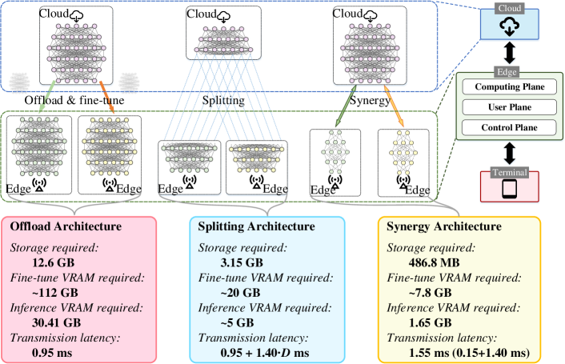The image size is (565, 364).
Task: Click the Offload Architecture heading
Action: pos(65,226)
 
